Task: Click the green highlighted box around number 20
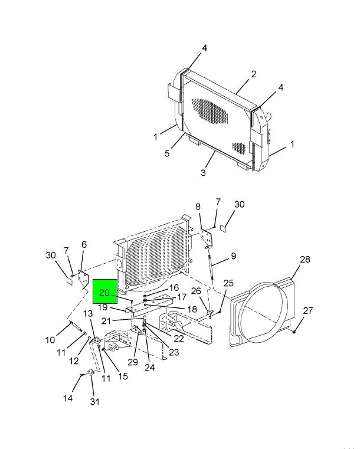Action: (105, 291)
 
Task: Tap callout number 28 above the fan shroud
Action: (305, 260)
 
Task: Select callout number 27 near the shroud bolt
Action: (307, 311)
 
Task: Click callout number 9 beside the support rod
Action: (234, 255)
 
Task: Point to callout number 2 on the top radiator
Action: (253, 74)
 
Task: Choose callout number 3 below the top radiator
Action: (203, 173)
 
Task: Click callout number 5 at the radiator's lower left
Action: (167, 153)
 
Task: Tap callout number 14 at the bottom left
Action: (68, 398)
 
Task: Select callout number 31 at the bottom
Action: (94, 402)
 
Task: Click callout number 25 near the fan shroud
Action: (228, 283)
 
